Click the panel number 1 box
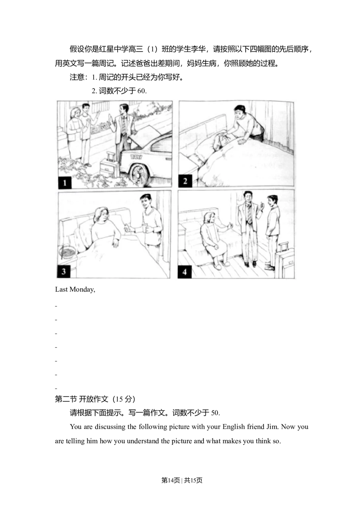(65, 182)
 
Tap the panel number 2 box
(185, 181)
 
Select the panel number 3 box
(64, 271)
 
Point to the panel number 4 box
(185, 272)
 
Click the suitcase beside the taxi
(108, 168)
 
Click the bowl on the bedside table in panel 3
(68, 251)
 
